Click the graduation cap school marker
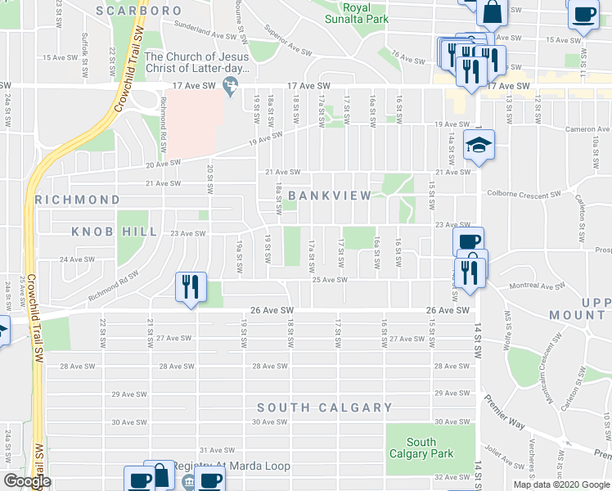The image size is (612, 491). click(479, 146)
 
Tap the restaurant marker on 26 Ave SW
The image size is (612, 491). click(190, 287)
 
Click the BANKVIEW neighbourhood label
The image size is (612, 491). click(330, 196)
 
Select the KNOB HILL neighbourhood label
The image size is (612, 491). click(114, 232)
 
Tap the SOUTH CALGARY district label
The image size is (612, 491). click(325, 408)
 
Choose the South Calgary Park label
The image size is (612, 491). click(421, 448)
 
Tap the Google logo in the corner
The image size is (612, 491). click(27, 481)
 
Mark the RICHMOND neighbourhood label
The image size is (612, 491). click(77, 200)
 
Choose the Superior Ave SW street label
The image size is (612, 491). click(284, 40)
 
